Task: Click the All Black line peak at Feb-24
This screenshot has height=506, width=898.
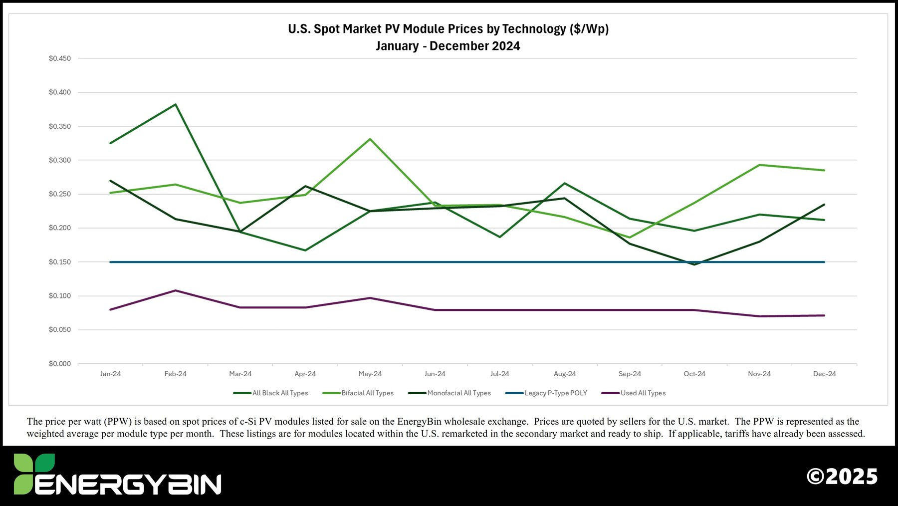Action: tap(176, 104)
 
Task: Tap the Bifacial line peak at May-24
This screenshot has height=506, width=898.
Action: tap(370, 139)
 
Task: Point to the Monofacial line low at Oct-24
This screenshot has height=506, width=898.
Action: tap(694, 264)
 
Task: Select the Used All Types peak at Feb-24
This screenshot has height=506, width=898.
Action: tap(176, 290)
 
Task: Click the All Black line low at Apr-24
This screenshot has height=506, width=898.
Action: tap(305, 250)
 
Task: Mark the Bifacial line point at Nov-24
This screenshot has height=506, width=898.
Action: tap(759, 165)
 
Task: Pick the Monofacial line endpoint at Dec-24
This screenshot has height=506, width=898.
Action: tap(824, 204)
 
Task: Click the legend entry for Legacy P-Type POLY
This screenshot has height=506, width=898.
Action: tap(555, 393)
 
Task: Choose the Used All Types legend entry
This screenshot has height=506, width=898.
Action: tap(643, 393)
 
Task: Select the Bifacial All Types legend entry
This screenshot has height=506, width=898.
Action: tap(367, 393)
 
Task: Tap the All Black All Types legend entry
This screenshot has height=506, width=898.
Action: tap(280, 393)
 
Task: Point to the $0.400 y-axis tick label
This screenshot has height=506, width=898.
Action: tap(60, 92)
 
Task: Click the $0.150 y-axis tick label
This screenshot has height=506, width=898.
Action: tap(60, 262)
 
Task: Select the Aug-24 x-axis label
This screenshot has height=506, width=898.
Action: tap(565, 374)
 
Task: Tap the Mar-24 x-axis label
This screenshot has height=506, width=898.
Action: tap(240, 374)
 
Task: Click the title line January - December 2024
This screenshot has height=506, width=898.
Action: tap(448, 46)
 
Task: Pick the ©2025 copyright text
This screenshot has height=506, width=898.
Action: tap(842, 477)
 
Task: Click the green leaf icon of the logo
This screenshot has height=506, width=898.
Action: tap(33, 473)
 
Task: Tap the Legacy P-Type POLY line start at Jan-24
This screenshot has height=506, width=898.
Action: tap(111, 262)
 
